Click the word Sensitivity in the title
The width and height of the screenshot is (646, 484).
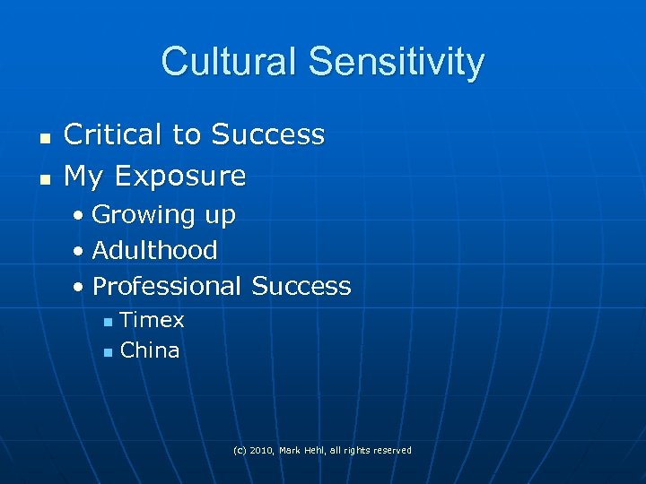[x=396, y=62]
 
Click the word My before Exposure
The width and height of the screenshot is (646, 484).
[x=83, y=177]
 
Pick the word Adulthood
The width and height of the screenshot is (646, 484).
[x=154, y=250]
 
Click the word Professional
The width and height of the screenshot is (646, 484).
[x=167, y=286]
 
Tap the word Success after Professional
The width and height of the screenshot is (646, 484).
[x=301, y=286]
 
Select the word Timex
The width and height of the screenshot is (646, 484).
[x=152, y=320]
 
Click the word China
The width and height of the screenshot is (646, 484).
[x=150, y=350]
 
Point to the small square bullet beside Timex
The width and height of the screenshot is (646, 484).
[x=108, y=322]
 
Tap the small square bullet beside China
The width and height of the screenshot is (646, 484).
[x=108, y=352]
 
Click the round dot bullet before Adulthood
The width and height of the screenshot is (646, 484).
[x=81, y=251]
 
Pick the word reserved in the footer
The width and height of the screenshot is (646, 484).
[x=391, y=450]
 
